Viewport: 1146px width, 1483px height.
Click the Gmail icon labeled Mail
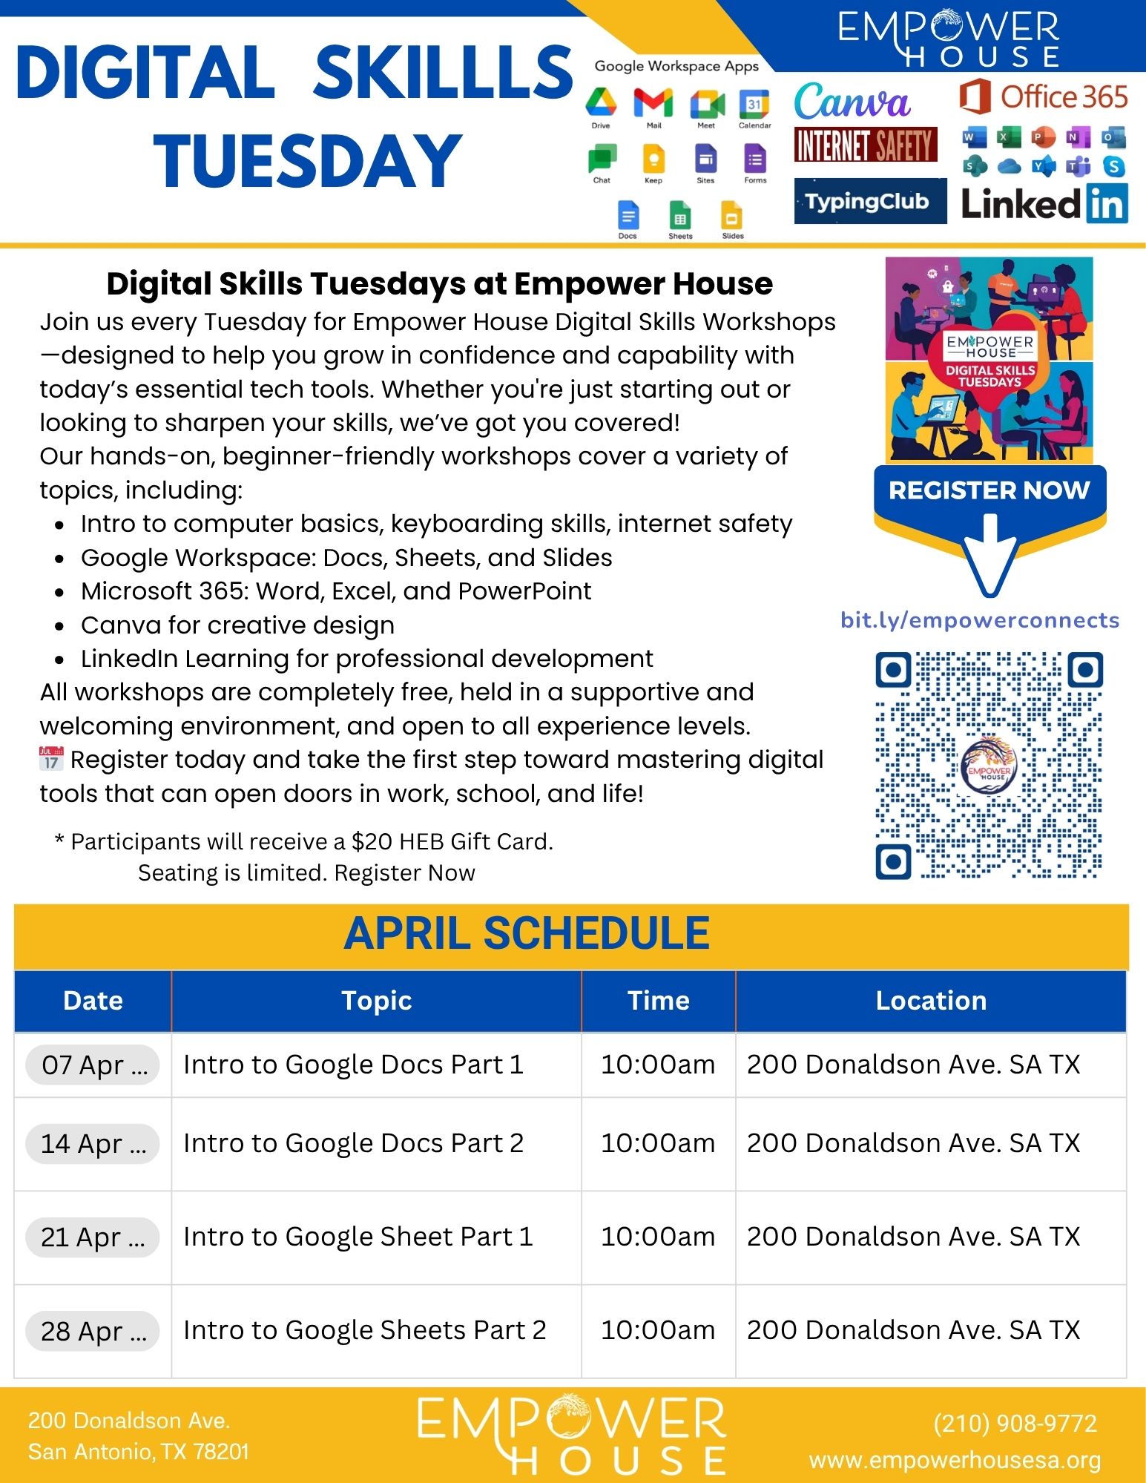[x=653, y=103]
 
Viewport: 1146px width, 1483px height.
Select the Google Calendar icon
[x=754, y=104]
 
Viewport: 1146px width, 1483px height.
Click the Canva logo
[x=852, y=102]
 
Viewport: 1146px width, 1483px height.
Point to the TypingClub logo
[x=869, y=201]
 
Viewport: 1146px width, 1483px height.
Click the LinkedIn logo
[x=1044, y=203]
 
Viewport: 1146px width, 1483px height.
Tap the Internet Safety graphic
[x=866, y=145]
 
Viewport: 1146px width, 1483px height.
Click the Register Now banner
[x=989, y=490]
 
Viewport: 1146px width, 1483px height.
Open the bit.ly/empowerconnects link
[x=979, y=620]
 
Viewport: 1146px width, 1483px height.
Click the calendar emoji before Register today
[x=51, y=759]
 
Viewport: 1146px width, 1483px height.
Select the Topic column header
[x=376, y=1001]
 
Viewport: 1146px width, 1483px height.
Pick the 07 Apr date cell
[x=93, y=1065]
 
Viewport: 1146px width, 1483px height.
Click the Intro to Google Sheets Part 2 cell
[x=364, y=1330]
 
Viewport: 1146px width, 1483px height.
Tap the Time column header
[x=658, y=1001]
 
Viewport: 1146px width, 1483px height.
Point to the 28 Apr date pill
[x=93, y=1332]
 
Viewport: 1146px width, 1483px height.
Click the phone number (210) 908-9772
[x=1015, y=1423]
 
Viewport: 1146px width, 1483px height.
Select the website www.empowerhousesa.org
[x=955, y=1460]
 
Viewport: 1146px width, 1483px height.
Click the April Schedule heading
[x=527, y=933]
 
